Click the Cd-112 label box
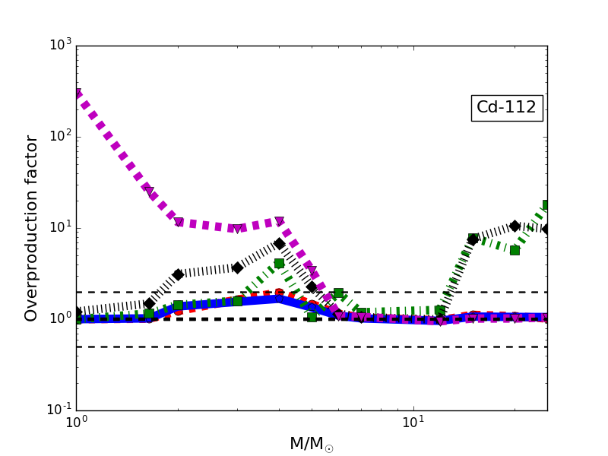[506, 108]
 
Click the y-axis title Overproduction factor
[31, 228]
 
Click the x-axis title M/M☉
[311, 444]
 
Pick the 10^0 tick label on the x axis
[76, 423]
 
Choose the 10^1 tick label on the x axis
[413, 423]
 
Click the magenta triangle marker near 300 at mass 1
[77, 94]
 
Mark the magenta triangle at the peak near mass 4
[279, 221]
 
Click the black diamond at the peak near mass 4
[279, 244]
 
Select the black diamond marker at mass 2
[178, 274]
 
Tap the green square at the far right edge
[546, 205]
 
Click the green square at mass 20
[515, 250]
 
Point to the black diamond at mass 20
[515, 226]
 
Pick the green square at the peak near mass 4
[279, 264]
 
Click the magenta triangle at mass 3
[237, 228]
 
